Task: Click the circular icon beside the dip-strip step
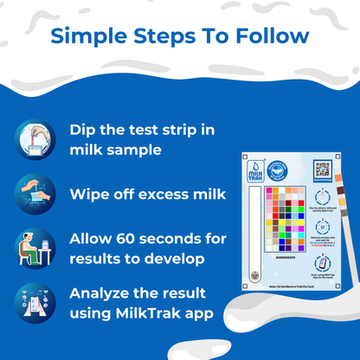(x=35, y=138)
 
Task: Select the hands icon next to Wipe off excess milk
(x=35, y=193)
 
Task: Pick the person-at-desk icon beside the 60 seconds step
(x=35, y=248)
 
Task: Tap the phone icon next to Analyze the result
(x=35, y=303)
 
